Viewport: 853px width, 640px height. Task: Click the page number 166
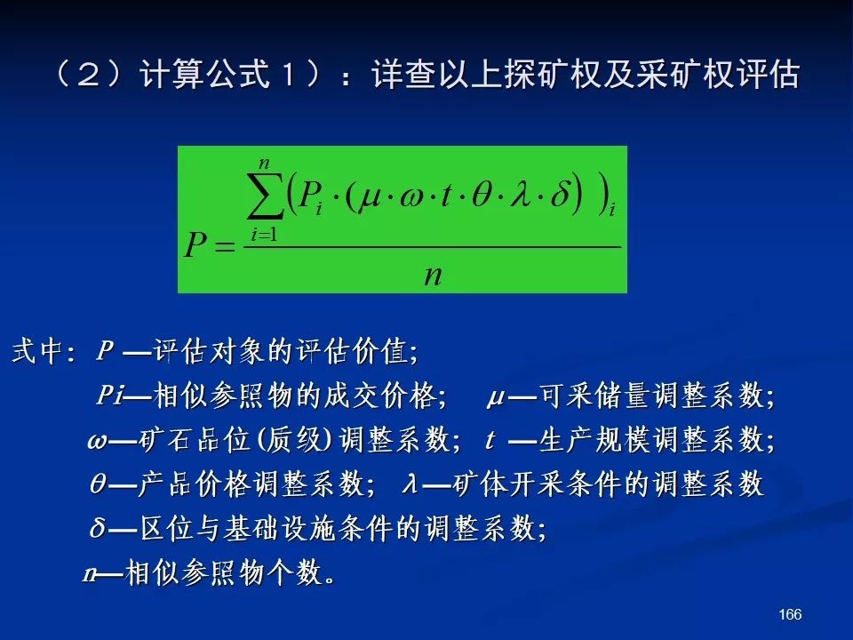(x=790, y=614)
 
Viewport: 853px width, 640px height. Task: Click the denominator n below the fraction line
(x=433, y=276)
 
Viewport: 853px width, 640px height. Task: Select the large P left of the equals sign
(x=195, y=244)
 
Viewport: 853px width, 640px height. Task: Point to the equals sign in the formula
(x=225, y=247)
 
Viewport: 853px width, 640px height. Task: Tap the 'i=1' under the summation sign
(x=264, y=235)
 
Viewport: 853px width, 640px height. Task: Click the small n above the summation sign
(x=265, y=164)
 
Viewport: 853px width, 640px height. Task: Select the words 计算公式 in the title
(x=204, y=74)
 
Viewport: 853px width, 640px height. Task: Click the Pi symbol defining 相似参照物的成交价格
(x=110, y=394)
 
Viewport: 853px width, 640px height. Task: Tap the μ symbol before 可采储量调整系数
(x=496, y=398)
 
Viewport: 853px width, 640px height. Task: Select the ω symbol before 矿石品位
(x=97, y=440)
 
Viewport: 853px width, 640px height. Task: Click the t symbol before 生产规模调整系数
(x=490, y=439)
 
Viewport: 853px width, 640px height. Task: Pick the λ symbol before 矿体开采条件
(x=411, y=483)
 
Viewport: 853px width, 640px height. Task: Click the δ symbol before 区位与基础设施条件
(x=98, y=526)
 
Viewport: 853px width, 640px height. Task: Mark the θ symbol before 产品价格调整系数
(x=98, y=483)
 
